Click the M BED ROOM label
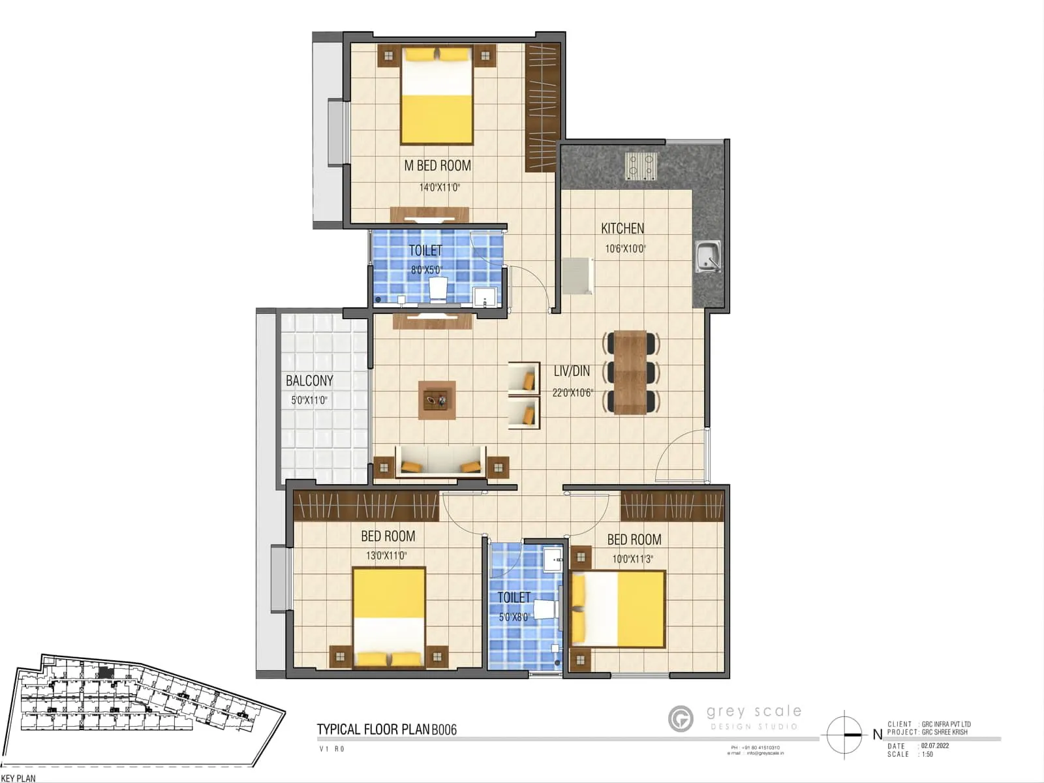point(437,166)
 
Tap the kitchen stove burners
point(640,166)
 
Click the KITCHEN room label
point(622,228)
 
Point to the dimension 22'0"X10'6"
point(572,393)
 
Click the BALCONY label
point(309,380)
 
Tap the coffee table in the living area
point(437,400)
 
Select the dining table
point(630,373)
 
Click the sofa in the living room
point(441,461)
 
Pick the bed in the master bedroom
point(437,95)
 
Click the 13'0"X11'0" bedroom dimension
point(386,556)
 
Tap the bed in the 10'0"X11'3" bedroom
point(619,609)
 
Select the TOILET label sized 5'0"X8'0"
point(514,598)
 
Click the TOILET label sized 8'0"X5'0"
point(425,251)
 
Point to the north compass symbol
point(844,735)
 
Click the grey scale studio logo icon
point(681,719)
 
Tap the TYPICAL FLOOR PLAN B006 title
point(386,729)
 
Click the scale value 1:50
point(927,754)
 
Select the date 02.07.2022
point(935,746)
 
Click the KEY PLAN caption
point(18,778)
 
